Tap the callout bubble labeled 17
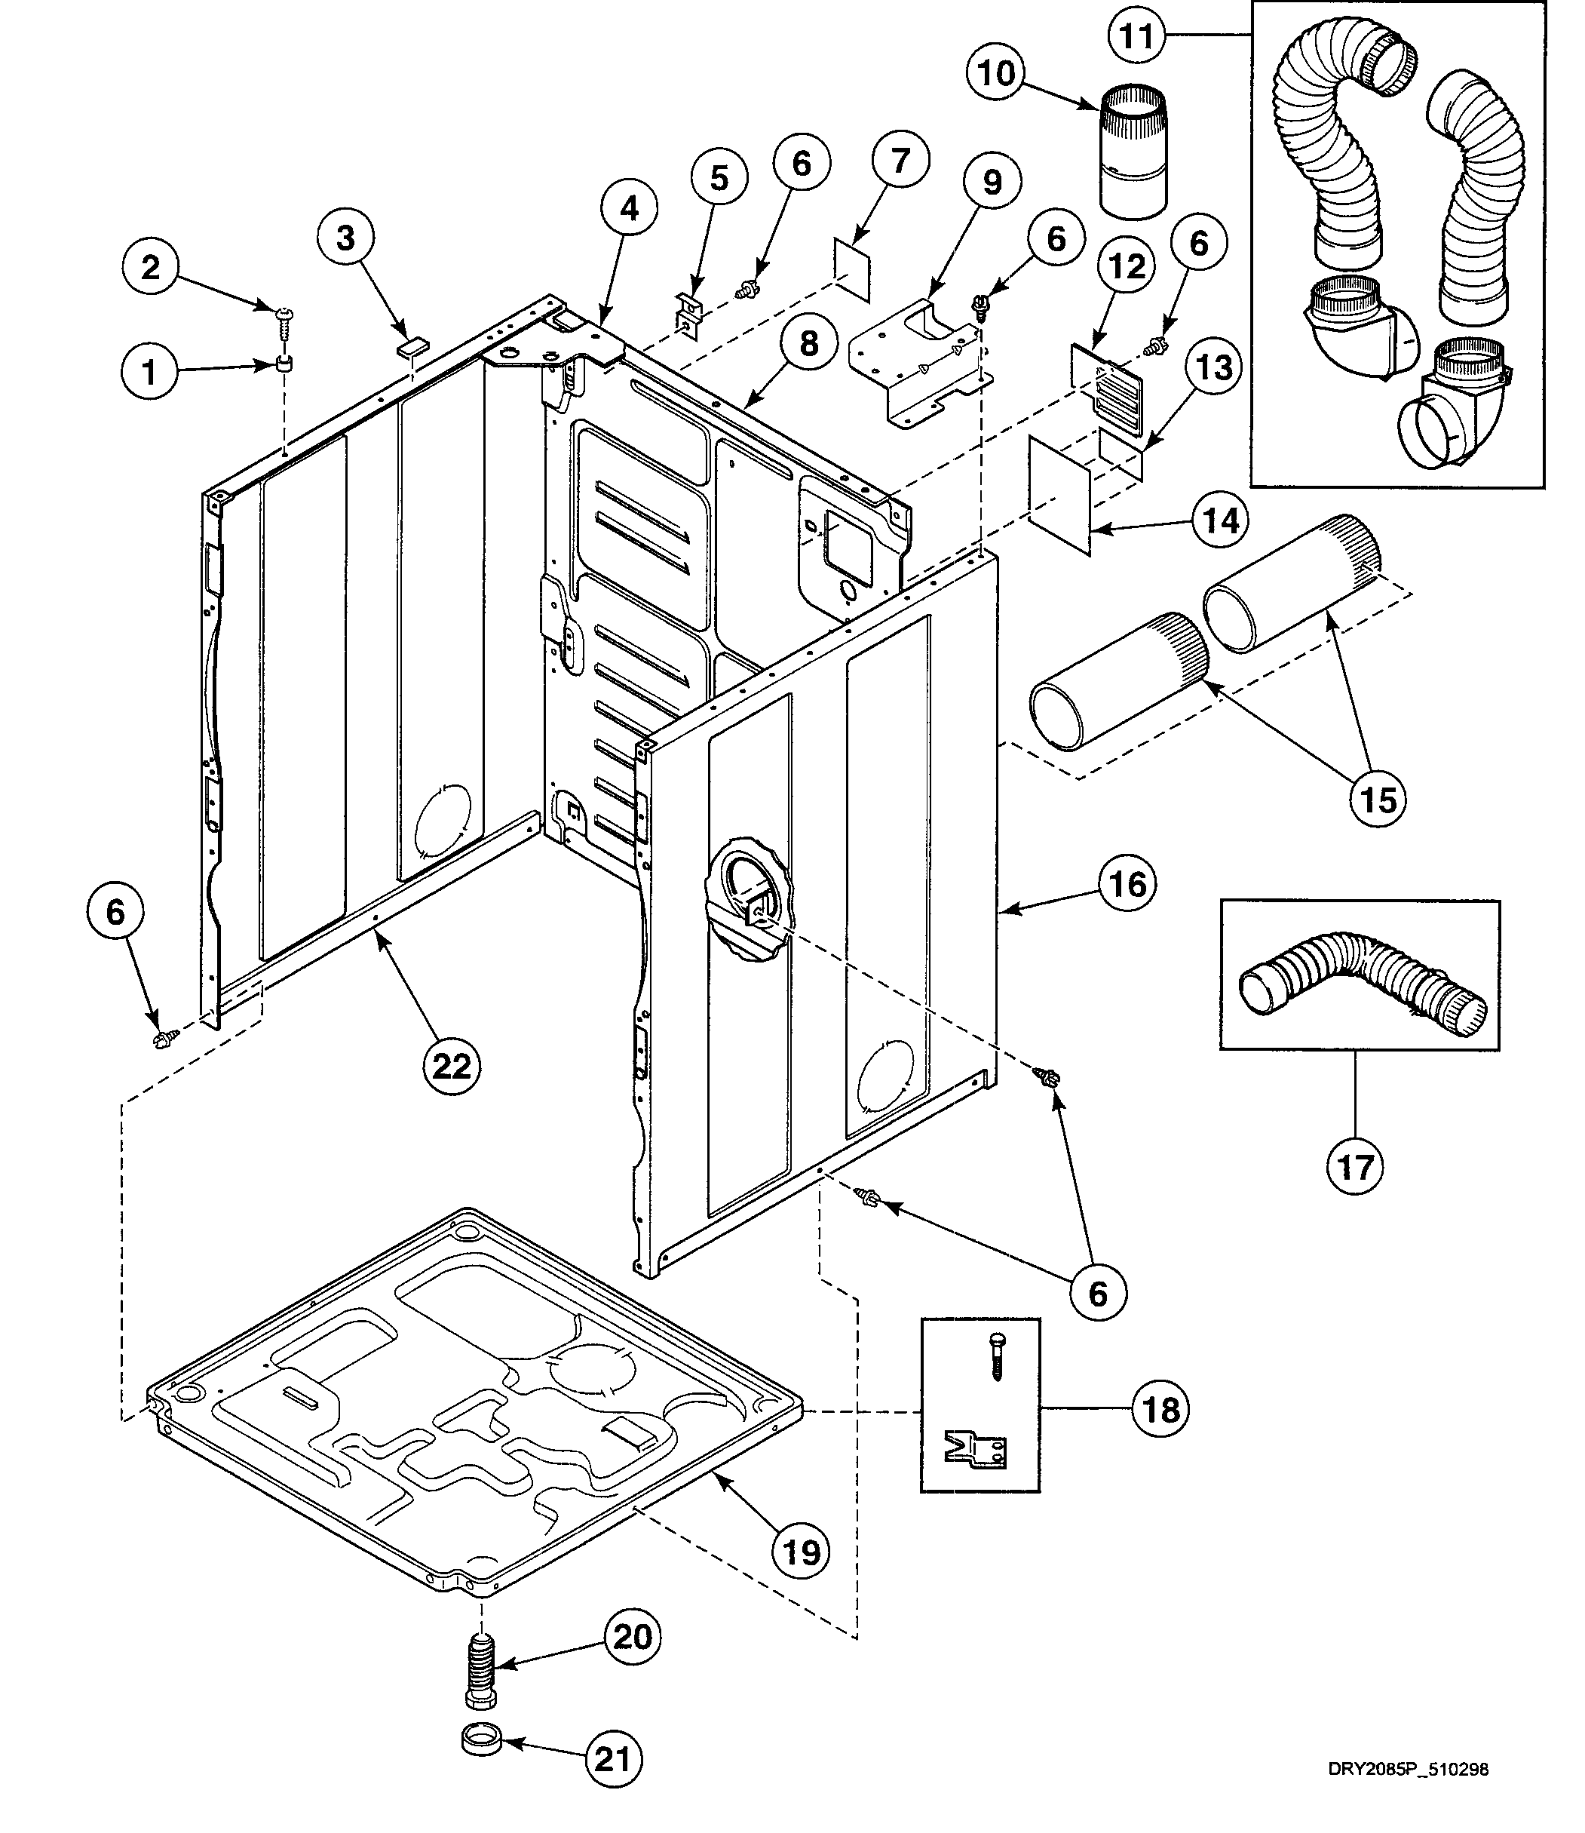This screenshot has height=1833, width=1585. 1355,1167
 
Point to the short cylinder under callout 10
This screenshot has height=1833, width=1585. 1133,152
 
